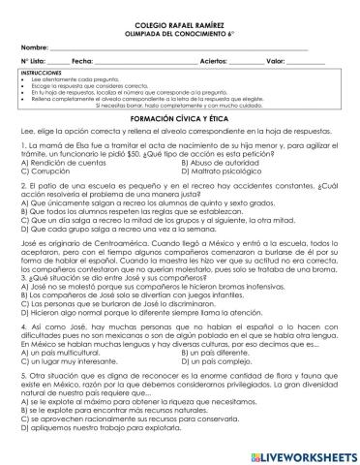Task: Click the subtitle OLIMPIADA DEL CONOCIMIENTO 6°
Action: (179, 30)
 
